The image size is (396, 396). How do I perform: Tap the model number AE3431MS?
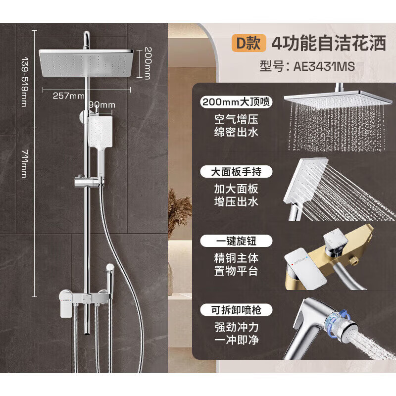(x=307, y=66)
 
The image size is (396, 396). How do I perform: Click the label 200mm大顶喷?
(x=237, y=102)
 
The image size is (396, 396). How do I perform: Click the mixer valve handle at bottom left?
(x=64, y=304)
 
